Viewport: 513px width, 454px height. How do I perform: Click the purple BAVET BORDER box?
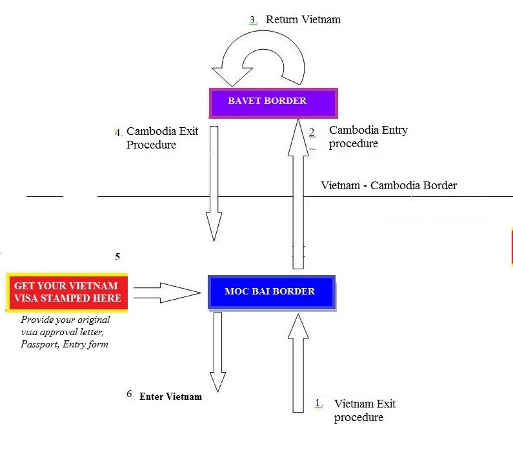(x=273, y=103)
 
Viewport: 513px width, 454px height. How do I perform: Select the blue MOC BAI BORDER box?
(x=272, y=293)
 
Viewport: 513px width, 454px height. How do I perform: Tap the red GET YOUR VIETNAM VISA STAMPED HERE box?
(x=67, y=292)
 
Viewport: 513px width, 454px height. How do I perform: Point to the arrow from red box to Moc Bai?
(x=167, y=293)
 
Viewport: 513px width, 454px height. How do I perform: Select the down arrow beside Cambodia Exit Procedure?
(x=214, y=183)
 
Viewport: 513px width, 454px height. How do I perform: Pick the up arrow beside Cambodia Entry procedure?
(x=298, y=194)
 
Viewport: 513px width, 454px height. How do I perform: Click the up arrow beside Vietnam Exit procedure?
(x=298, y=363)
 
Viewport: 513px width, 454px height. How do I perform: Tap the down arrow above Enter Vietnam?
(x=217, y=352)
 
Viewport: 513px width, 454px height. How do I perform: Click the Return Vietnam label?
(x=303, y=19)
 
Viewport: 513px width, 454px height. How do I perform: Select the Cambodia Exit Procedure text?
(x=162, y=138)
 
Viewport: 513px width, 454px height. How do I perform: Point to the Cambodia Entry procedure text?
(x=368, y=136)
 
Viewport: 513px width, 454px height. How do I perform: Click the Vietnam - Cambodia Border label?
(x=388, y=185)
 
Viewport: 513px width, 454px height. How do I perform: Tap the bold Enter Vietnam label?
(x=170, y=397)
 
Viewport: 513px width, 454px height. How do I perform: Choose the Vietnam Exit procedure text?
(x=365, y=410)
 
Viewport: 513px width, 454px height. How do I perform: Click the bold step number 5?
(x=117, y=256)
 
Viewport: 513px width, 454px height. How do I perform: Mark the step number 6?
(x=130, y=394)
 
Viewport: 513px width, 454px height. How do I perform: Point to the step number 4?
(x=119, y=132)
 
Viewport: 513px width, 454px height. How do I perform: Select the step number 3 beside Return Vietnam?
(x=253, y=20)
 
